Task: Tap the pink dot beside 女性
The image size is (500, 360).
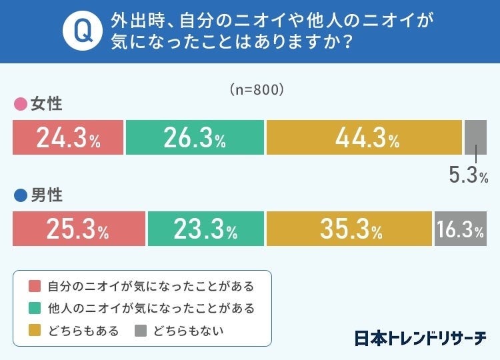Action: [x=20, y=105]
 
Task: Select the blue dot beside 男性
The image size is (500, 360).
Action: [x=20, y=196]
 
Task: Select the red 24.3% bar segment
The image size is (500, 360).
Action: [x=68, y=137]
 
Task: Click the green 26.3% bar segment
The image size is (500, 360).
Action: [x=195, y=137]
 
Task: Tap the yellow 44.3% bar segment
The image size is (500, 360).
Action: [x=364, y=137]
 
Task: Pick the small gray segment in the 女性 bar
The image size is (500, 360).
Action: [x=475, y=137]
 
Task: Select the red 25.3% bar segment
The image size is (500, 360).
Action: [x=79, y=229]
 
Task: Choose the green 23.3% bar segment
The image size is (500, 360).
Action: [x=205, y=229]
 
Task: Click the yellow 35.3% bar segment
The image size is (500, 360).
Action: [x=349, y=229]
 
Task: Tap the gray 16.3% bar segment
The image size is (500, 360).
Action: [x=460, y=229]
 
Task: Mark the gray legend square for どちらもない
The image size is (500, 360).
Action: [x=141, y=331]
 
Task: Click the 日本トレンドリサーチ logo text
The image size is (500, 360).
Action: [x=420, y=337]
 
